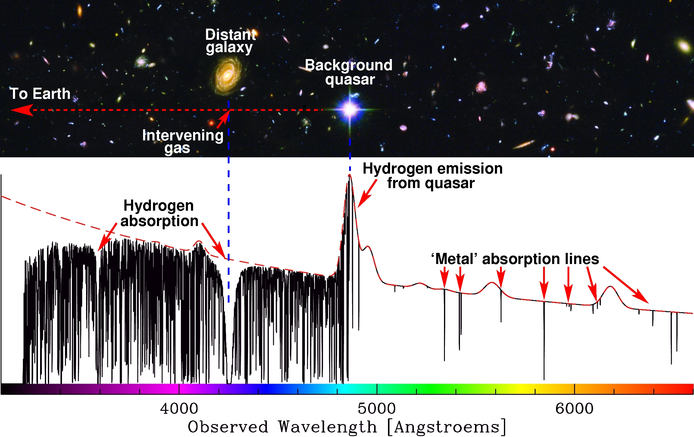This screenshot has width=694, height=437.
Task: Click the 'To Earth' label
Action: click(40, 93)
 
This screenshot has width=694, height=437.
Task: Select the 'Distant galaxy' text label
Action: click(230, 41)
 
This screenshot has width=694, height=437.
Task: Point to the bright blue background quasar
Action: click(350, 109)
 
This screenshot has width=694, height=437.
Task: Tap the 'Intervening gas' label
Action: click(183, 141)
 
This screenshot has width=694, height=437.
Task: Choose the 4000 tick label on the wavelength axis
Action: click(179, 409)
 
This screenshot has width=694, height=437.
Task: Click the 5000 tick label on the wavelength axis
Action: click(377, 409)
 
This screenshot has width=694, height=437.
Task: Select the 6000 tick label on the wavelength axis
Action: click(574, 409)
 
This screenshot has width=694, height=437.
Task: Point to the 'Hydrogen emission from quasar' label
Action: click(433, 176)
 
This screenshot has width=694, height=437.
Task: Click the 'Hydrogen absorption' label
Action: click(159, 213)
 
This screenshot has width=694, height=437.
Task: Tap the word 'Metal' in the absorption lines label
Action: click(456, 259)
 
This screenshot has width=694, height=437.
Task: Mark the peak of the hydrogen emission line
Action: click(349, 175)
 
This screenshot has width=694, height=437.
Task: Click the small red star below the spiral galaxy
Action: click(211, 123)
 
